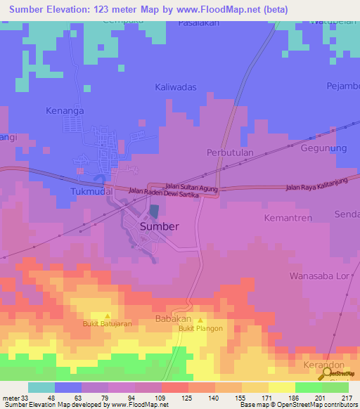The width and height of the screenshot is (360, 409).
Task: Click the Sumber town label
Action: click(x=159, y=227)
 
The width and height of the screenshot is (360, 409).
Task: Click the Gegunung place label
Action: click(x=324, y=149)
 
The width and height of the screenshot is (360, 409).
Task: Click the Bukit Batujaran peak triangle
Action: click(x=107, y=316)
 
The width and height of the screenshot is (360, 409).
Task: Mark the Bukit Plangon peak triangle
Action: click(x=199, y=320)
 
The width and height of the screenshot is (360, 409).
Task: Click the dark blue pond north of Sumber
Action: click(x=153, y=211)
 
